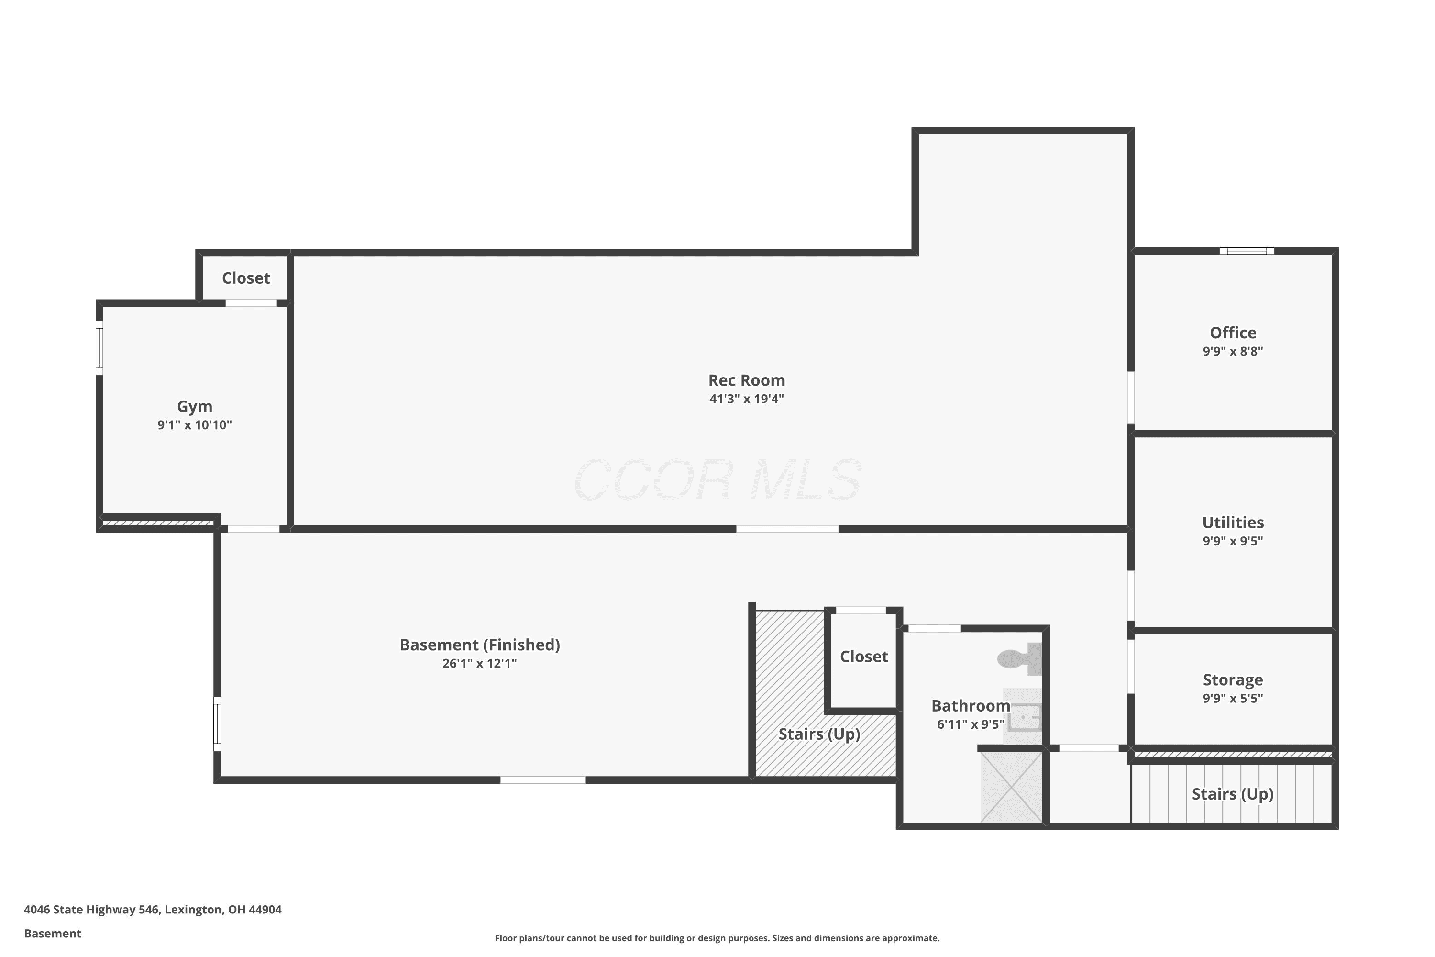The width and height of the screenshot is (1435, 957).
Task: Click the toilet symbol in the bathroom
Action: (1019, 659)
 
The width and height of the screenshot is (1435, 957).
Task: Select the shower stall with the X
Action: (1011, 787)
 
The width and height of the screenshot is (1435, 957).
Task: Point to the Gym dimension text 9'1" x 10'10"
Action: (195, 425)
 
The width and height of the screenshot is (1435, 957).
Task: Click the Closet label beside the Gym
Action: (246, 278)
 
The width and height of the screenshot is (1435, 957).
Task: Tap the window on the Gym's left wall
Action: (99, 347)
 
